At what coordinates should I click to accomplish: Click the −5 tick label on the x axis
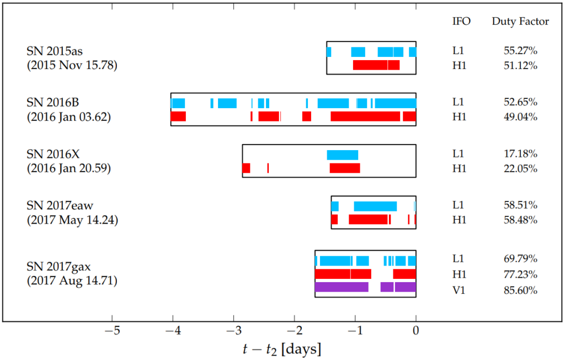tap(112, 331)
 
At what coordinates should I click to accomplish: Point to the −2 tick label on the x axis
tap(295, 331)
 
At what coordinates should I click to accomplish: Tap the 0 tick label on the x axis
tap(416, 331)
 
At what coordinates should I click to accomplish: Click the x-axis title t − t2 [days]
tap(282, 349)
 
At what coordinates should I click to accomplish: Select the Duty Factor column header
tap(520, 22)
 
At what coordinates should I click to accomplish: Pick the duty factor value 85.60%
tap(520, 290)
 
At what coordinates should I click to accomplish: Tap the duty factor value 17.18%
tap(520, 153)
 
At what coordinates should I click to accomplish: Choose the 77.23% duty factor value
tap(520, 274)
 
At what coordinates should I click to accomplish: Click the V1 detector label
tap(459, 290)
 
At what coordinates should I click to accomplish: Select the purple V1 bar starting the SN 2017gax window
tap(342, 287)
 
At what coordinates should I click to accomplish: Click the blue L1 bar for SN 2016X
tap(343, 155)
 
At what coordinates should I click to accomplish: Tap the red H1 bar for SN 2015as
tap(376, 65)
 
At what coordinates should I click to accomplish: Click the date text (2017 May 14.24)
tap(72, 220)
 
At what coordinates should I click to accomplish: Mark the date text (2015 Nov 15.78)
tap(72, 65)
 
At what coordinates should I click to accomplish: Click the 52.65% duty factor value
tap(520, 102)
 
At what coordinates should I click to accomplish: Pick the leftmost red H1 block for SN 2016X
tap(246, 168)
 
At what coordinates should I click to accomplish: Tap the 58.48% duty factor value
tap(520, 220)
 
